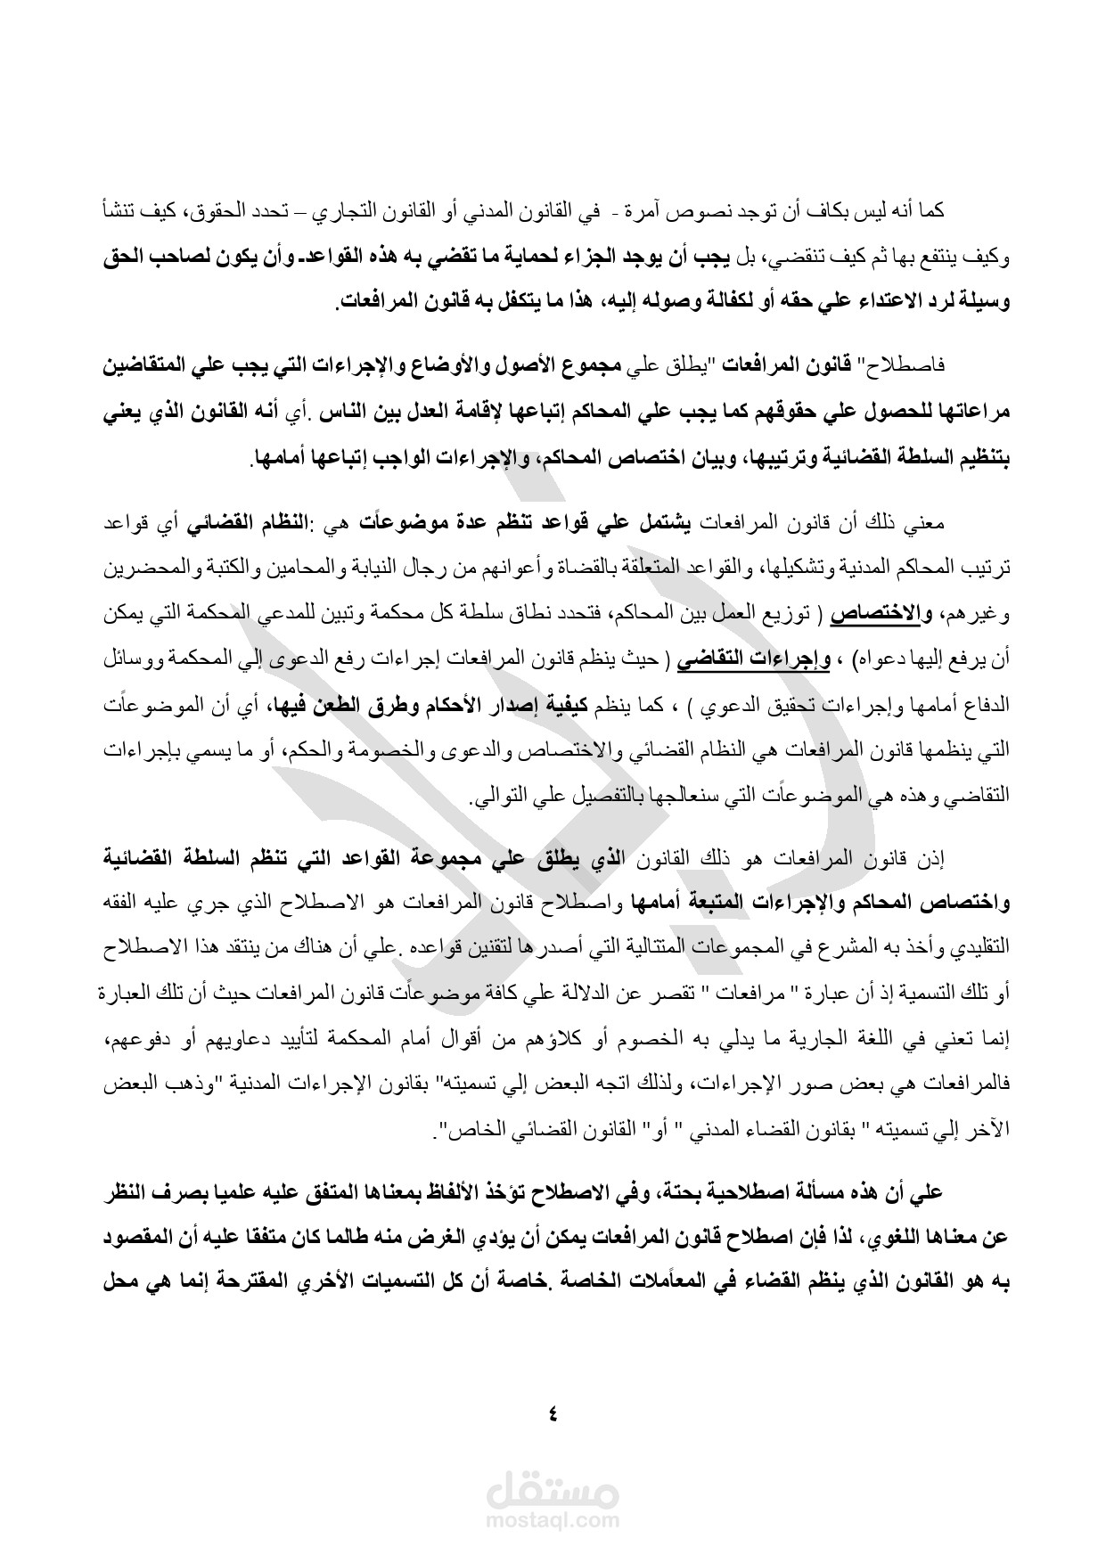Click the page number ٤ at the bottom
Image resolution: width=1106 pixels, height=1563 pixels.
(553, 1412)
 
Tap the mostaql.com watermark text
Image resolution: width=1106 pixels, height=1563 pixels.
(553, 1521)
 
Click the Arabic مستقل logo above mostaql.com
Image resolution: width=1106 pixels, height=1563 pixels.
(553, 1489)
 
